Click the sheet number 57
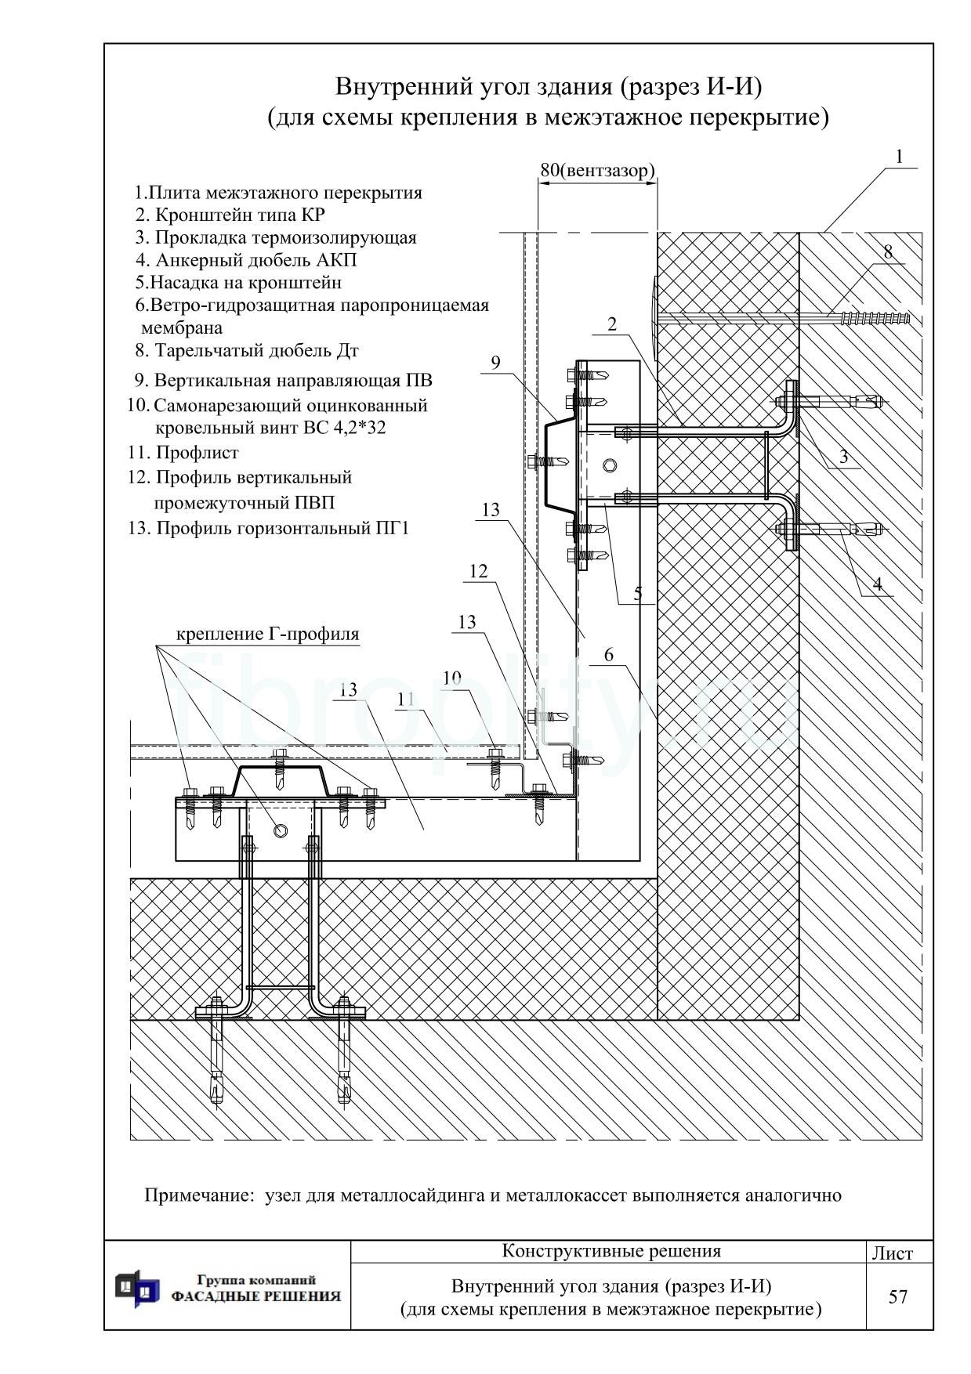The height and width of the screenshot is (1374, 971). point(898,1296)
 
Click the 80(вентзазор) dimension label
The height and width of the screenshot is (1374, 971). point(597,170)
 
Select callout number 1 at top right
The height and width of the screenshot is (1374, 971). point(900,157)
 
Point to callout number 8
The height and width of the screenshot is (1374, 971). point(888,252)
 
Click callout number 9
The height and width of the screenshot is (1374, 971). point(495,363)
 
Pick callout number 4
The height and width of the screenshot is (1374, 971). point(878,584)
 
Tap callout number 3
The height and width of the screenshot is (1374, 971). point(843,457)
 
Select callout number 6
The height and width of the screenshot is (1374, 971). point(609,656)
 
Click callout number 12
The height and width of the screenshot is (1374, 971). point(478,572)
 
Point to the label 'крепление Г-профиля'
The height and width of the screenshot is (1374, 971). point(268,634)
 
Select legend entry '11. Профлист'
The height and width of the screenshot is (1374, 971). point(183,453)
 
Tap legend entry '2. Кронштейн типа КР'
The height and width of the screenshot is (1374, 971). point(230,215)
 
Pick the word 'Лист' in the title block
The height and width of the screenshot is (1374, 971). point(893,1253)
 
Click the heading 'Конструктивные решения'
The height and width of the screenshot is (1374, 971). point(611,1251)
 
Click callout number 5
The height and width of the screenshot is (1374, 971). point(638,593)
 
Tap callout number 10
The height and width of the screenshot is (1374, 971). point(452,678)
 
